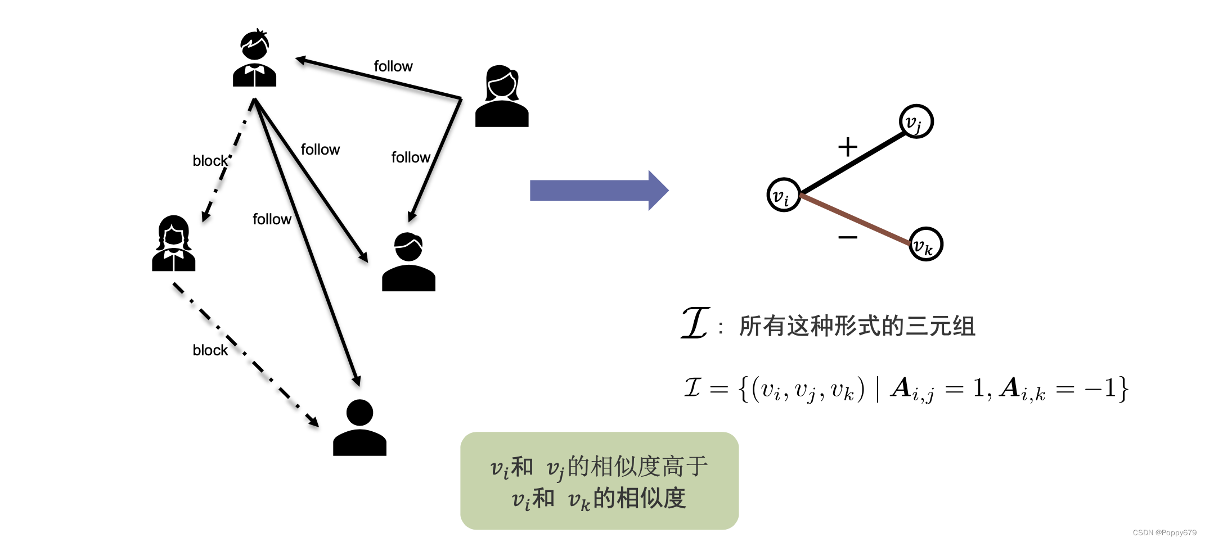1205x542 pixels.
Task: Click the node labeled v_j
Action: tap(916, 121)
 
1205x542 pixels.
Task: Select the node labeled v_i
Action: tap(783, 195)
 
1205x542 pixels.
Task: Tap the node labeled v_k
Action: tap(925, 244)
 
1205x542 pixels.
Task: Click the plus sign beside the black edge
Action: tap(847, 147)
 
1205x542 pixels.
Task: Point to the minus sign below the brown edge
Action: tap(847, 237)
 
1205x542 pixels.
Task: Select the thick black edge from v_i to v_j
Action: tap(851, 163)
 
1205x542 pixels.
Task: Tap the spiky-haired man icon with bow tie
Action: tap(254, 58)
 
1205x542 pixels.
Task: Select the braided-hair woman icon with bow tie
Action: tap(173, 244)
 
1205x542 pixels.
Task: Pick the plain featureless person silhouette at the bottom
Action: tap(359, 428)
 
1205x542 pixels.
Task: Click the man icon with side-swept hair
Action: tap(408, 262)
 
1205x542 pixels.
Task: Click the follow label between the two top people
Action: tap(393, 66)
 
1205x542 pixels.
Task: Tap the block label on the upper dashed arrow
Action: tap(210, 161)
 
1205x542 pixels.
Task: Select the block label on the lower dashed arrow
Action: tap(210, 350)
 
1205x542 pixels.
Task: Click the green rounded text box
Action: tap(599, 481)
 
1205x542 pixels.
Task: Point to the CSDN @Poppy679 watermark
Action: tap(1164, 532)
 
